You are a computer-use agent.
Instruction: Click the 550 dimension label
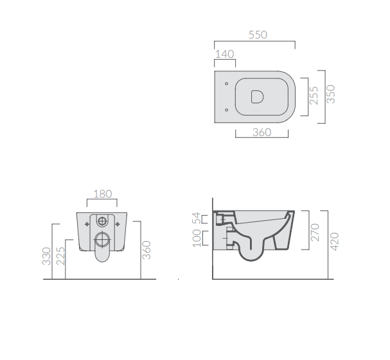click(258, 35)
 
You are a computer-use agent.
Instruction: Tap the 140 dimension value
click(225, 54)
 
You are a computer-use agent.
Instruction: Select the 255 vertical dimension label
click(314, 96)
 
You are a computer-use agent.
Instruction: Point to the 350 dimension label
click(331, 94)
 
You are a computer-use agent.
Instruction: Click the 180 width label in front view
click(102, 194)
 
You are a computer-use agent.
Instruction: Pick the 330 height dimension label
click(46, 256)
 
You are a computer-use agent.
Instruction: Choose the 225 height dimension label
click(60, 256)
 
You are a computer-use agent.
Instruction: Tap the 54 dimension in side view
click(197, 218)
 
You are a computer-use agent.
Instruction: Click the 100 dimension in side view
click(197, 238)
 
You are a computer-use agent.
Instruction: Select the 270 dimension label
click(315, 232)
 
